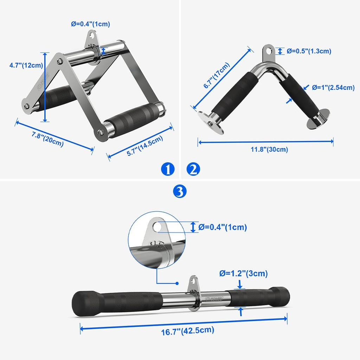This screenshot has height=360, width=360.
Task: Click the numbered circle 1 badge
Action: (x=168, y=169)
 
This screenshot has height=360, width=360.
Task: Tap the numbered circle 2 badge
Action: (x=193, y=169)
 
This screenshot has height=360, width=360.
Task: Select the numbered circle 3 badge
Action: (x=180, y=191)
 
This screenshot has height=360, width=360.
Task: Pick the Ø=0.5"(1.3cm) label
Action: (x=309, y=51)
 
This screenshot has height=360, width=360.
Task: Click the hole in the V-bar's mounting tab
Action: (x=269, y=50)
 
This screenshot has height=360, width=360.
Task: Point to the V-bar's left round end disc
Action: (x=211, y=122)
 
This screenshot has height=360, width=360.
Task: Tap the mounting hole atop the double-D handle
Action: (x=92, y=36)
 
